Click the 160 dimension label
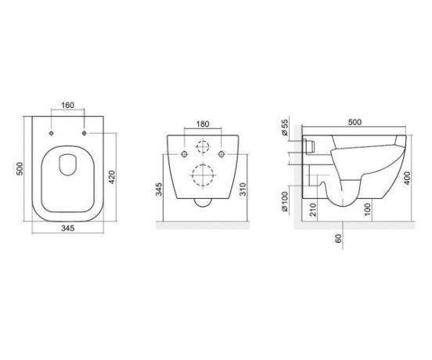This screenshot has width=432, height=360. [x=68, y=105]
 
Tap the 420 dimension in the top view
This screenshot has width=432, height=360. [x=112, y=177]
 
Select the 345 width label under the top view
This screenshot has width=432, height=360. [x=68, y=228]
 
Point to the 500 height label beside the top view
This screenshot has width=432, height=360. [x=20, y=168]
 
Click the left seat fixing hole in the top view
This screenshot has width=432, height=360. [x=51, y=133]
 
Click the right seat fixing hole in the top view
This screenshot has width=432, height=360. [x=85, y=133]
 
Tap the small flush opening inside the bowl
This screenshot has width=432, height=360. [x=67, y=164]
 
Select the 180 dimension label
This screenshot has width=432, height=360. [x=203, y=124]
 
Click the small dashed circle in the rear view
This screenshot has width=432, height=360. [x=203, y=146]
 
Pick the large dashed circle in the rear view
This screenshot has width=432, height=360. [x=203, y=175]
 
